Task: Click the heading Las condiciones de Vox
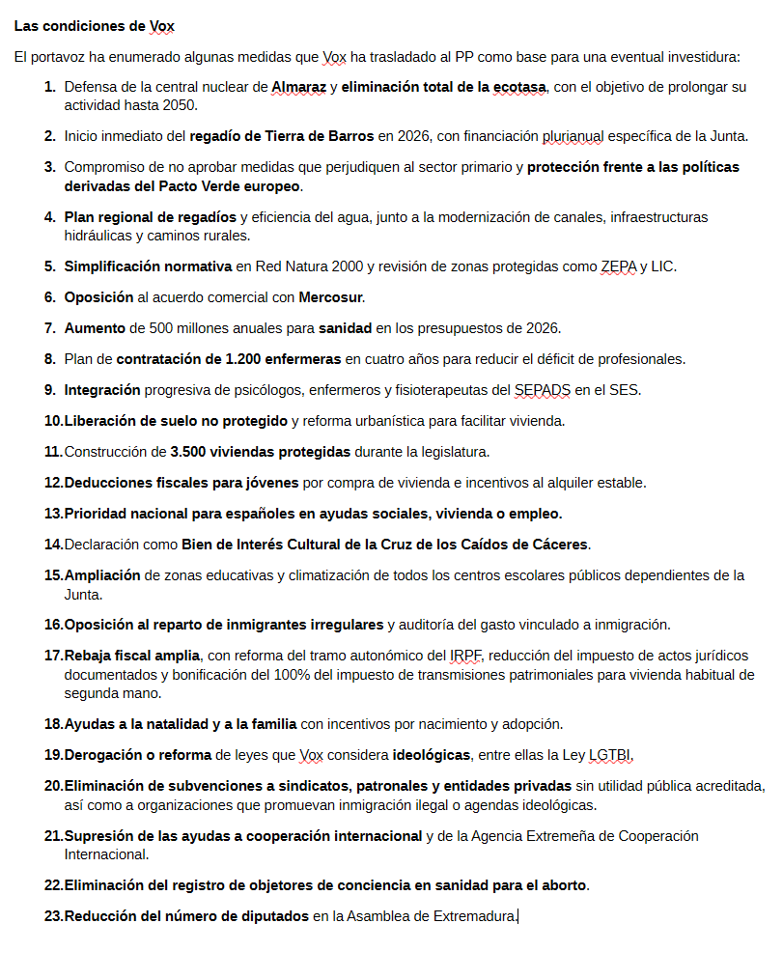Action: point(95,25)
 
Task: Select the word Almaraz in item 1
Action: point(298,87)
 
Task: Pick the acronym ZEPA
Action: point(618,266)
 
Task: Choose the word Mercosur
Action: point(330,296)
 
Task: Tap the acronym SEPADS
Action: point(544,390)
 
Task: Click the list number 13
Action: point(53,513)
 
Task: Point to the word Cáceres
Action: point(557,544)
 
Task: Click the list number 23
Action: point(53,915)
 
